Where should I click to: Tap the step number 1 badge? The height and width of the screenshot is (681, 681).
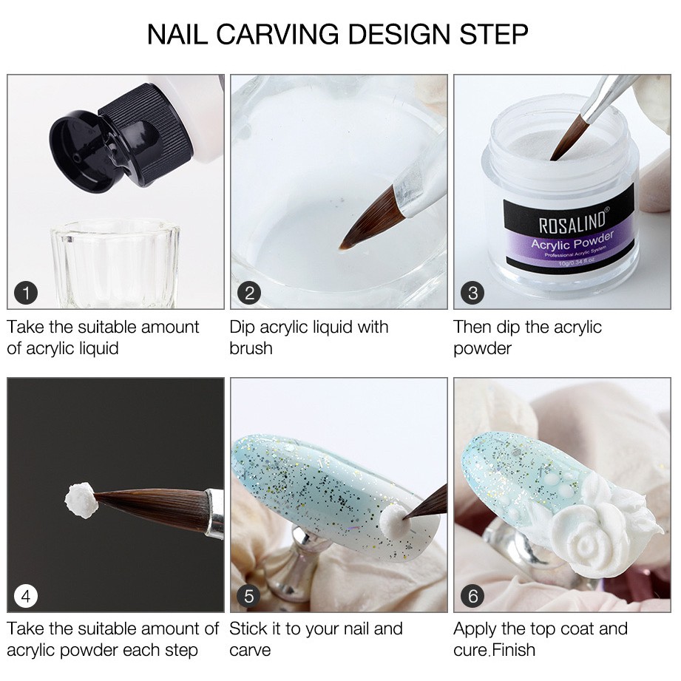pyautogui.click(x=26, y=293)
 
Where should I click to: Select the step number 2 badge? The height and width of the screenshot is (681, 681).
pyautogui.click(x=249, y=293)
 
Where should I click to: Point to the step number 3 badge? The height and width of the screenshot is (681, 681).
pyautogui.click(x=472, y=293)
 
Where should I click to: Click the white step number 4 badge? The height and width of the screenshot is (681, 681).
pyautogui.click(x=26, y=596)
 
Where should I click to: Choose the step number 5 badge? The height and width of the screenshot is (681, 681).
pyautogui.click(x=249, y=596)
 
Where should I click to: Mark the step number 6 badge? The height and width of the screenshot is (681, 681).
pyautogui.click(x=472, y=596)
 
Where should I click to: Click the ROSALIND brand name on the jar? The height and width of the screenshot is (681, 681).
pyautogui.click(x=573, y=220)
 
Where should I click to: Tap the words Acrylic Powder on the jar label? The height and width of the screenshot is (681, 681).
pyautogui.click(x=573, y=241)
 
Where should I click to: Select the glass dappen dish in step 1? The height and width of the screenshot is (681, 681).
pyautogui.click(x=115, y=264)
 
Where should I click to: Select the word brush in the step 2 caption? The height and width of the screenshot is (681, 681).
pyautogui.click(x=251, y=348)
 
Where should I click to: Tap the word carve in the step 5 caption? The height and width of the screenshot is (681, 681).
pyautogui.click(x=250, y=651)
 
